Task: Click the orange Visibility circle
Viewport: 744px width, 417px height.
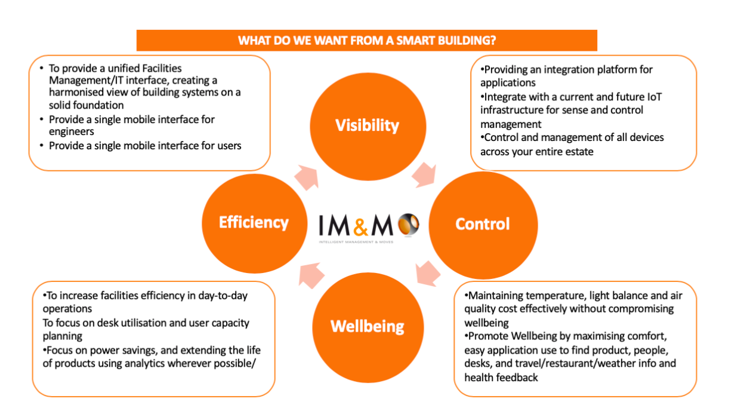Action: (x=367, y=125)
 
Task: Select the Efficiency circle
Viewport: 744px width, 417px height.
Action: (x=254, y=222)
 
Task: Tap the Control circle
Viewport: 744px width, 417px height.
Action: (x=482, y=224)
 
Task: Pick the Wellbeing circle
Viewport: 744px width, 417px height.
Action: (x=367, y=326)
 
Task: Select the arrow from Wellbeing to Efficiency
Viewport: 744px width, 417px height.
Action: (x=310, y=274)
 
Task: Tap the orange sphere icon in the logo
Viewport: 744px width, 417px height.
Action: (x=409, y=224)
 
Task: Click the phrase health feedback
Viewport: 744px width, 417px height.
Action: (x=501, y=378)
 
